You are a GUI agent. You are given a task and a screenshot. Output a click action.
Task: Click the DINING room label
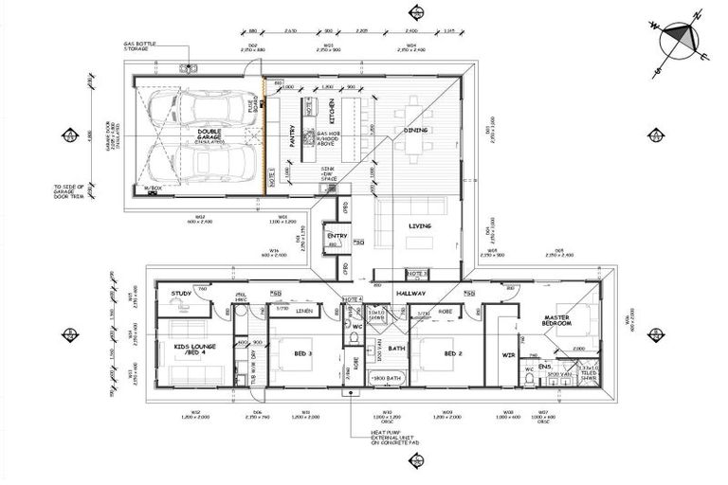coord(416,130)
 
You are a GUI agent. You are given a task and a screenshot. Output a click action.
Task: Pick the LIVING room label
coord(419,226)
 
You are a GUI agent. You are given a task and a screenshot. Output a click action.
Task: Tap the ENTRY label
coord(336,236)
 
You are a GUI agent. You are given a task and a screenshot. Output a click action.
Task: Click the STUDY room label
coord(182,294)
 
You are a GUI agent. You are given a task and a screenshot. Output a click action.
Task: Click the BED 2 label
coord(453,354)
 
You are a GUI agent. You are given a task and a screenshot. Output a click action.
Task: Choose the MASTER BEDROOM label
coord(558,320)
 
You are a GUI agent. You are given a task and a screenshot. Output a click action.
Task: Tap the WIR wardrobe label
coord(507,355)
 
